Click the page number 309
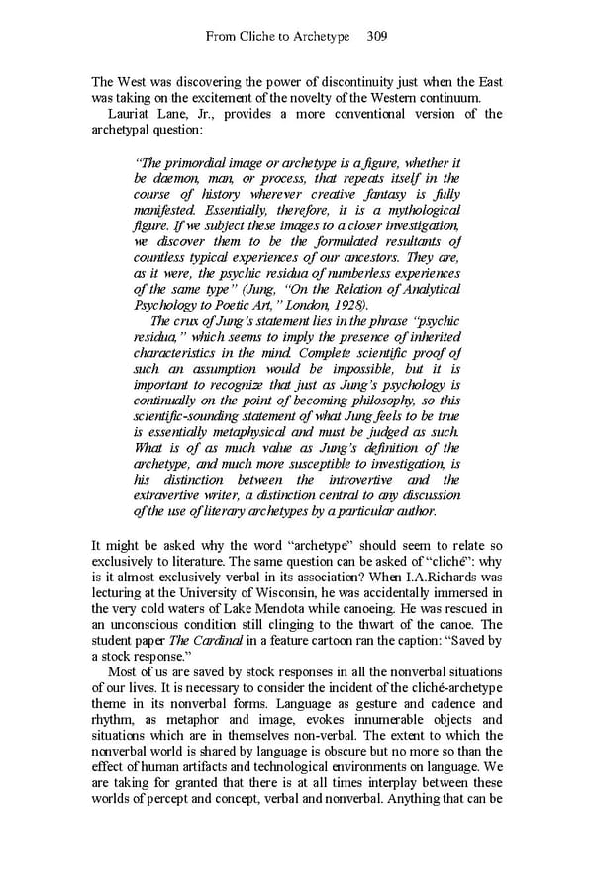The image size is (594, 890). coord(376,37)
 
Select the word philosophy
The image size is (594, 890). coord(389,400)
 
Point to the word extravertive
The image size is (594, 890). coord(173,495)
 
